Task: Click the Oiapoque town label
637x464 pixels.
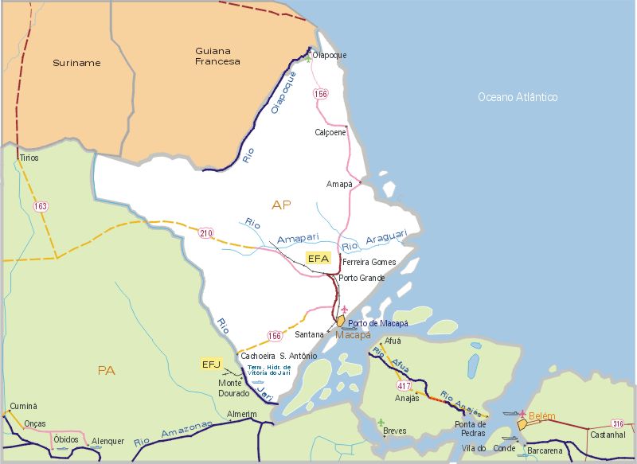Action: pos(330,55)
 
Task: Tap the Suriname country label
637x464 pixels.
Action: pos(76,62)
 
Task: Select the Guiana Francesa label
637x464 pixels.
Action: pos(217,56)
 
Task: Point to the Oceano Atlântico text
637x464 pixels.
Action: pos(518,97)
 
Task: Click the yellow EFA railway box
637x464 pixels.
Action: pos(318,259)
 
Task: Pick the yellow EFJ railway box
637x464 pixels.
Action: pos(211,365)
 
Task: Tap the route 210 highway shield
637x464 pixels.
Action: pos(207,233)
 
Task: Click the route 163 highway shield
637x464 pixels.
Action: pos(41,206)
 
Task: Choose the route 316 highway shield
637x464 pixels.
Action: pos(618,423)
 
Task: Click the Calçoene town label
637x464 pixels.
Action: pos(330,132)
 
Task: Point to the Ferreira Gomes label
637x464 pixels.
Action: pos(369,262)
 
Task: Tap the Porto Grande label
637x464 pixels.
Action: pos(361,278)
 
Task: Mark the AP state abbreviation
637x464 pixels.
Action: pos(281,205)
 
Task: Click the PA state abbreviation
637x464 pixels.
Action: pos(106,370)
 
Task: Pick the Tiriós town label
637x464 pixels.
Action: pos(29,158)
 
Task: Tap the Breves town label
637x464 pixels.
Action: pos(395,431)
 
